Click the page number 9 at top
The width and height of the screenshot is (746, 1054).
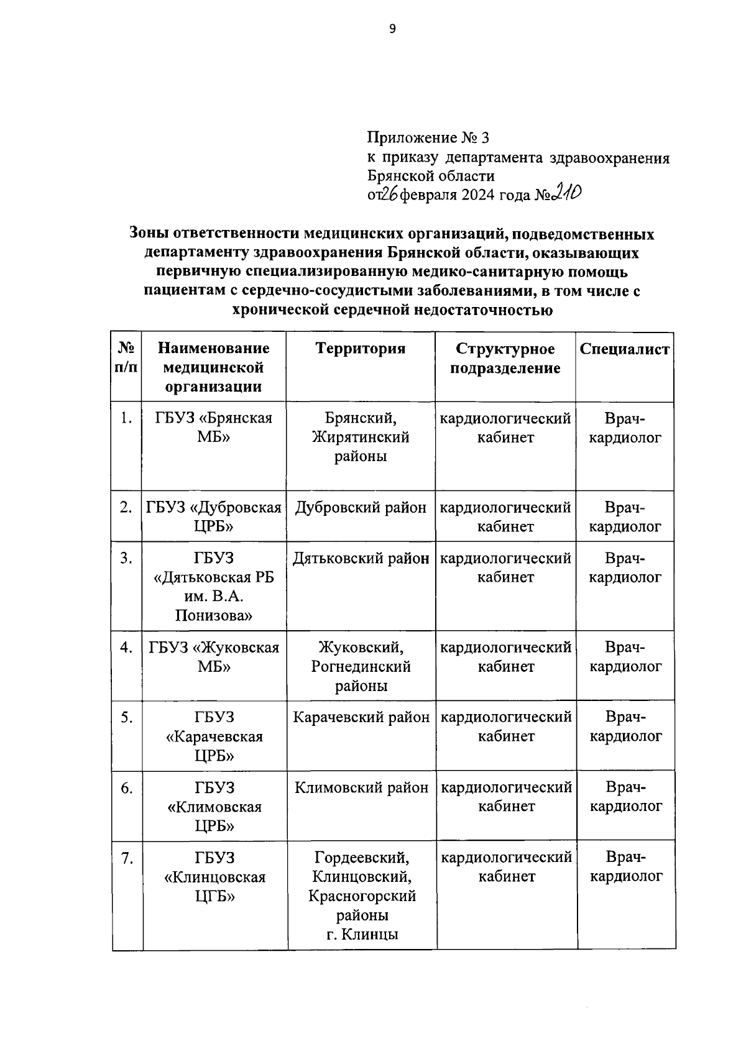tap(392, 28)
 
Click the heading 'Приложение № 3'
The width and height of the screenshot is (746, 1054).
tap(428, 137)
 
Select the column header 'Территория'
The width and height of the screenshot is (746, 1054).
tap(361, 349)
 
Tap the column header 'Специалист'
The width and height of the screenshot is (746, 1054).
tap(625, 349)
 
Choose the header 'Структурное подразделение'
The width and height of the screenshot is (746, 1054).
tap(505, 358)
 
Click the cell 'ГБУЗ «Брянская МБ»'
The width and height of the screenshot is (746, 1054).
tap(214, 427)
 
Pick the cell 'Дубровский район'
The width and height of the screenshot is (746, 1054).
tap(361, 508)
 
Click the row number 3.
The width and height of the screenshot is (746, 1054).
tap(126, 558)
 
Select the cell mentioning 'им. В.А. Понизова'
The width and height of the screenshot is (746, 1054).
tap(214, 606)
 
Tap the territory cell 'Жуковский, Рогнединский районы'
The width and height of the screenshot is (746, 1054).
tap(361, 666)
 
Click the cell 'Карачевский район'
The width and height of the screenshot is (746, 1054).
tap(361, 717)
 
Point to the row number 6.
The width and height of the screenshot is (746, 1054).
tap(126, 788)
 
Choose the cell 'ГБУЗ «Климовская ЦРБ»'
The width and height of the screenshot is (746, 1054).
tap(214, 807)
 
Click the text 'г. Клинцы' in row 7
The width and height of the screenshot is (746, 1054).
tap(362, 934)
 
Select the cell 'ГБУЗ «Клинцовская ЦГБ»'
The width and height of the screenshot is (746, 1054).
tap(214, 877)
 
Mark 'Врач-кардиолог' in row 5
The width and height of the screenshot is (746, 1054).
tap(625, 726)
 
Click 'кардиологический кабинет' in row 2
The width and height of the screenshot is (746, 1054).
tap(505, 517)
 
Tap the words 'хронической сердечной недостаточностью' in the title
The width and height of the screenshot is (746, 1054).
tap(392, 309)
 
